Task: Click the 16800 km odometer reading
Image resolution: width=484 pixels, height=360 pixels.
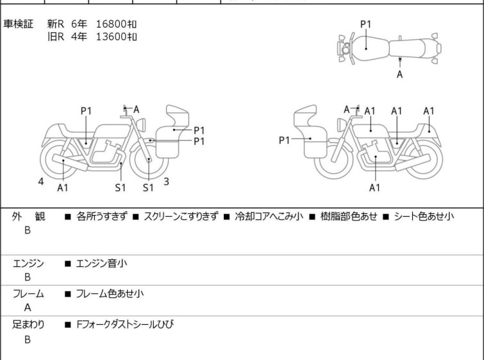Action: point(116,24)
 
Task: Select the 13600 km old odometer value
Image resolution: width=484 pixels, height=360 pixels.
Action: point(116,36)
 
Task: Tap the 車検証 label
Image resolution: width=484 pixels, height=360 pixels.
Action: point(19,24)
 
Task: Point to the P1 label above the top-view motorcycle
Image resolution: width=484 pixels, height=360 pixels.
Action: point(365,24)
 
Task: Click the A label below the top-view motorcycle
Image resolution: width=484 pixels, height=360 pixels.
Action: point(400,74)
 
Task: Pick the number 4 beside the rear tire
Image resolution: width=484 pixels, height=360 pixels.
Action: point(41,182)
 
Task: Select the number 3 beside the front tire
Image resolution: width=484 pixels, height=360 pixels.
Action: point(166,182)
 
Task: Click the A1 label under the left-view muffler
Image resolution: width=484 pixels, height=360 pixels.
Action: point(63,187)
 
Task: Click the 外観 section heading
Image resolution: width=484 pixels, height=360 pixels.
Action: point(28,217)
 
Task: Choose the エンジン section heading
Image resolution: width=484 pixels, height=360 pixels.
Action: point(28,263)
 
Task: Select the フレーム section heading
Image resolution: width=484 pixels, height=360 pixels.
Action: point(28,294)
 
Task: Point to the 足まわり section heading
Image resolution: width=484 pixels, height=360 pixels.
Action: point(28,325)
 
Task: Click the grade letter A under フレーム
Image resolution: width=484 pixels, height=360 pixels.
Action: point(28,307)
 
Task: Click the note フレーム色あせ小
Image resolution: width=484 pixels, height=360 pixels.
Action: point(110,294)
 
